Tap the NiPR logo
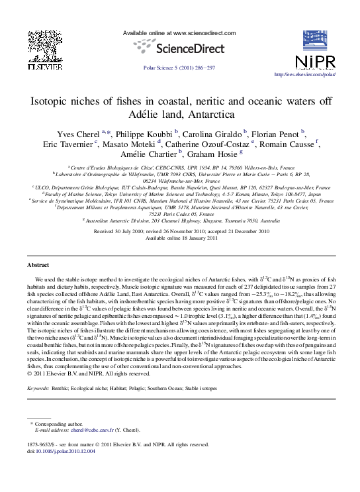[x=316, y=53]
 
